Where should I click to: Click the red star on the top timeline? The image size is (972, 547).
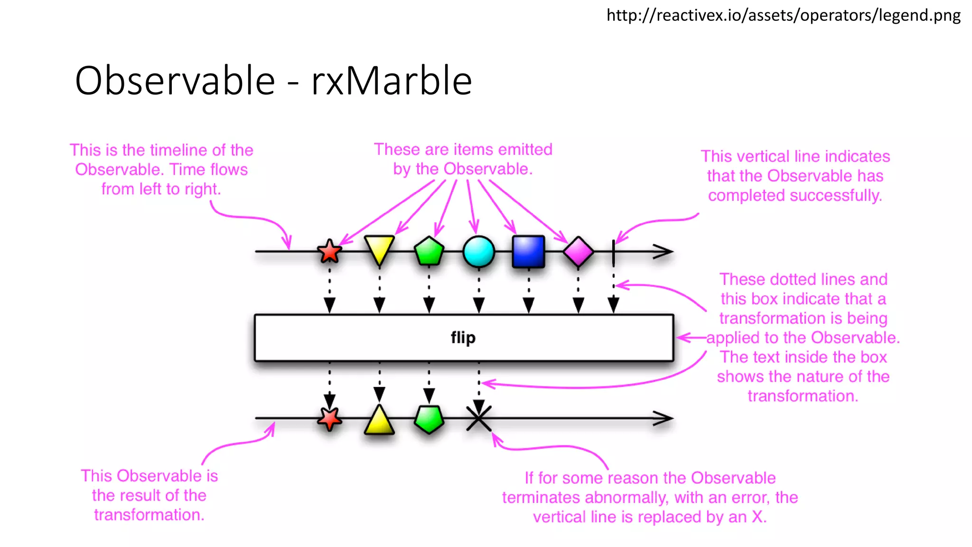329,251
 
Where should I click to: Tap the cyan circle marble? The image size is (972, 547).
478,252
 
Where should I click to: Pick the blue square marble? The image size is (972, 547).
528,252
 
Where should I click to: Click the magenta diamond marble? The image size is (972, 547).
578,252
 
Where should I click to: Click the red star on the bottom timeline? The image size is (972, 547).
329,419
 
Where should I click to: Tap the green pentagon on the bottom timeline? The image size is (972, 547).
429,419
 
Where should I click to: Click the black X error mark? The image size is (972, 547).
479,418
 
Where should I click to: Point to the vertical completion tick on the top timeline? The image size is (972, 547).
614,252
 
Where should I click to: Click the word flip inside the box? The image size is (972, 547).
463,338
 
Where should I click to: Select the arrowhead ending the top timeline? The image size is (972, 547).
664,252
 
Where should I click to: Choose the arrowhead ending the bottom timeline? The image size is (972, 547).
664,418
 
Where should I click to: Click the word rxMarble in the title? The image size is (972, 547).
392,81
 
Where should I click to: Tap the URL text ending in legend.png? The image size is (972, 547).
783,15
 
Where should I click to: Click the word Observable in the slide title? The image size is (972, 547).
175,81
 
